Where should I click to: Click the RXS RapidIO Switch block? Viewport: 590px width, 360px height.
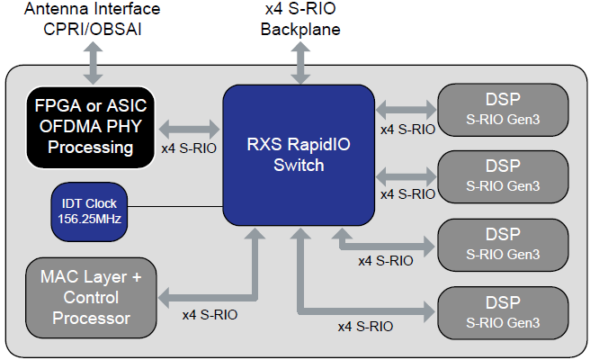tap(298, 154)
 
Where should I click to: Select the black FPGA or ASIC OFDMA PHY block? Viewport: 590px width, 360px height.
tap(88, 127)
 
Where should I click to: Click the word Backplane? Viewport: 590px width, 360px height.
tap(299, 29)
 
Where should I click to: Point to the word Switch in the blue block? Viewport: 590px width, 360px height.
tap(298, 166)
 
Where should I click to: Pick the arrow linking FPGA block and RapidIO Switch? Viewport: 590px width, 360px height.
tap(189, 128)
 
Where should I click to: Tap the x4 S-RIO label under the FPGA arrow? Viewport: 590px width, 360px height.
tap(189, 149)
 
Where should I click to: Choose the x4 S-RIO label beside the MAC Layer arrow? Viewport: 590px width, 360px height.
tap(210, 315)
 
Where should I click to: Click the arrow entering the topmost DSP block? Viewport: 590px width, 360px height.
tap(406, 110)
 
